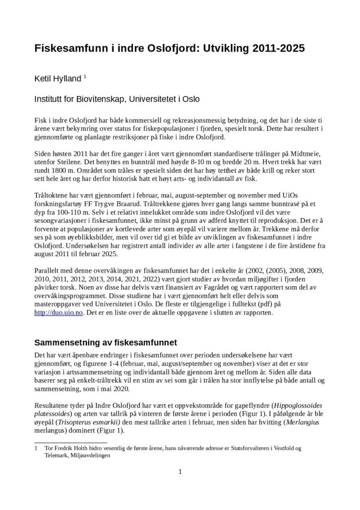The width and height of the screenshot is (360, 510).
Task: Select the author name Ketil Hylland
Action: (x=57, y=79)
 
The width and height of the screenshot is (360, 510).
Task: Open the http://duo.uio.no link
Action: (x=59, y=312)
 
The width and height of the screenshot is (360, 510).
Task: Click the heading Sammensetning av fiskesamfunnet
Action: (x=105, y=342)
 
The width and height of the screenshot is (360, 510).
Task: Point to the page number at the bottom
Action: (x=180, y=472)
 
